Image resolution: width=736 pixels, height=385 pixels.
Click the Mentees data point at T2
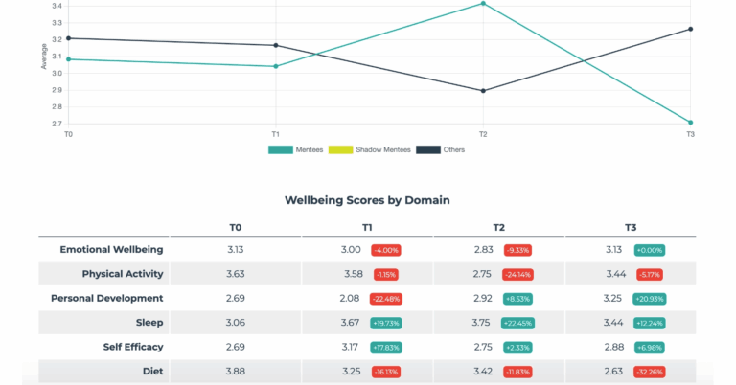pos(483,4)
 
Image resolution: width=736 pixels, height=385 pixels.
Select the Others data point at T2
pos(483,91)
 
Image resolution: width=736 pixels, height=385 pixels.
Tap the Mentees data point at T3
pos(690,123)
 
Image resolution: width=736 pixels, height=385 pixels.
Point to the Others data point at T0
pos(69,38)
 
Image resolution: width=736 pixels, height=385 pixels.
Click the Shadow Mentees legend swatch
pos(340,150)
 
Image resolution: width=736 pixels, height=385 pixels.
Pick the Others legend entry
pos(440,150)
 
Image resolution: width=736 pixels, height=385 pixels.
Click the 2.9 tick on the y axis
pos(57,90)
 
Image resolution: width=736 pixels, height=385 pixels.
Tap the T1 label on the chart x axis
pos(276,135)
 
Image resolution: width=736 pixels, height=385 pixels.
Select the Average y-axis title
pos(44,57)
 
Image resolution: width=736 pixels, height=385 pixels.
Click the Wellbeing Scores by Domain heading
pos(367,200)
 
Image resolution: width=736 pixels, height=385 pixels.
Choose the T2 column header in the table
pos(498,227)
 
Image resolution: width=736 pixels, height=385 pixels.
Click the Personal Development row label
pos(107,298)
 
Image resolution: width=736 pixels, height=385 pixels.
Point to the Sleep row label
pos(149,323)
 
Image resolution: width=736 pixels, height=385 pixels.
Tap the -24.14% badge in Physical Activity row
pos(517,274)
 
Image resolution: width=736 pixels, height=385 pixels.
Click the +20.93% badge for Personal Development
pos(650,299)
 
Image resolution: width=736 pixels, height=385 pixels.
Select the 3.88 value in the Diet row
pos(235,372)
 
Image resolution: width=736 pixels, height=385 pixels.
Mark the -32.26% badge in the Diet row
pos(650,372)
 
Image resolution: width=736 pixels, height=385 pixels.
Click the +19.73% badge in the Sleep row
pos(386,323)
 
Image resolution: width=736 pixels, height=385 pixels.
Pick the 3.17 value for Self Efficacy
pos(350,347)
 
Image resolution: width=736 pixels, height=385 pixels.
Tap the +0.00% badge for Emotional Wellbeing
pos(650,250)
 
